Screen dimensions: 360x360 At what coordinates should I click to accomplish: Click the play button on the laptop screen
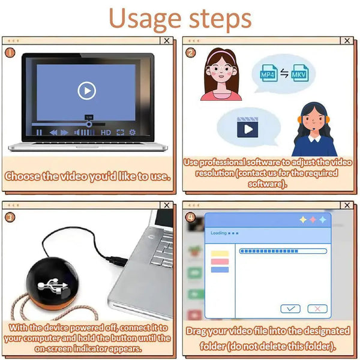tap(87, 91)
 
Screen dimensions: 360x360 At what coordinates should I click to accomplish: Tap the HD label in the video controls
tap(106, 132)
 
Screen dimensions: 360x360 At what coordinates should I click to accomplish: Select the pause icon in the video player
tap(39, 132)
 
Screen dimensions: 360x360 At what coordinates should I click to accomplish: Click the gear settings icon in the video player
tap(133, 132)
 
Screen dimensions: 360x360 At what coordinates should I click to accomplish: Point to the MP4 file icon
tap(268, 74)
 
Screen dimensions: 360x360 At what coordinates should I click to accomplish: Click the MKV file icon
tap(299, 74)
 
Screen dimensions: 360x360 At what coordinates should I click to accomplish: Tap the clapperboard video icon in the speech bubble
tap(247, 128)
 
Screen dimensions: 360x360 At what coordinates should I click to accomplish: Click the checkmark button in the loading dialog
tap(290, 308)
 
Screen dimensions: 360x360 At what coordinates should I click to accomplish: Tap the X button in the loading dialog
tap(317, 308)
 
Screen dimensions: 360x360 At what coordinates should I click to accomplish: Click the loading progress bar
tap(283, 251)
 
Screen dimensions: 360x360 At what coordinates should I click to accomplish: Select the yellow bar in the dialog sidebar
tap(220, 254)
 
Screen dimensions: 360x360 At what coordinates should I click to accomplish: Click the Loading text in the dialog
tap(218, 233)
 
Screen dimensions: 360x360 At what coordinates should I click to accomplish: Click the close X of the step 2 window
tap(346, 41)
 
